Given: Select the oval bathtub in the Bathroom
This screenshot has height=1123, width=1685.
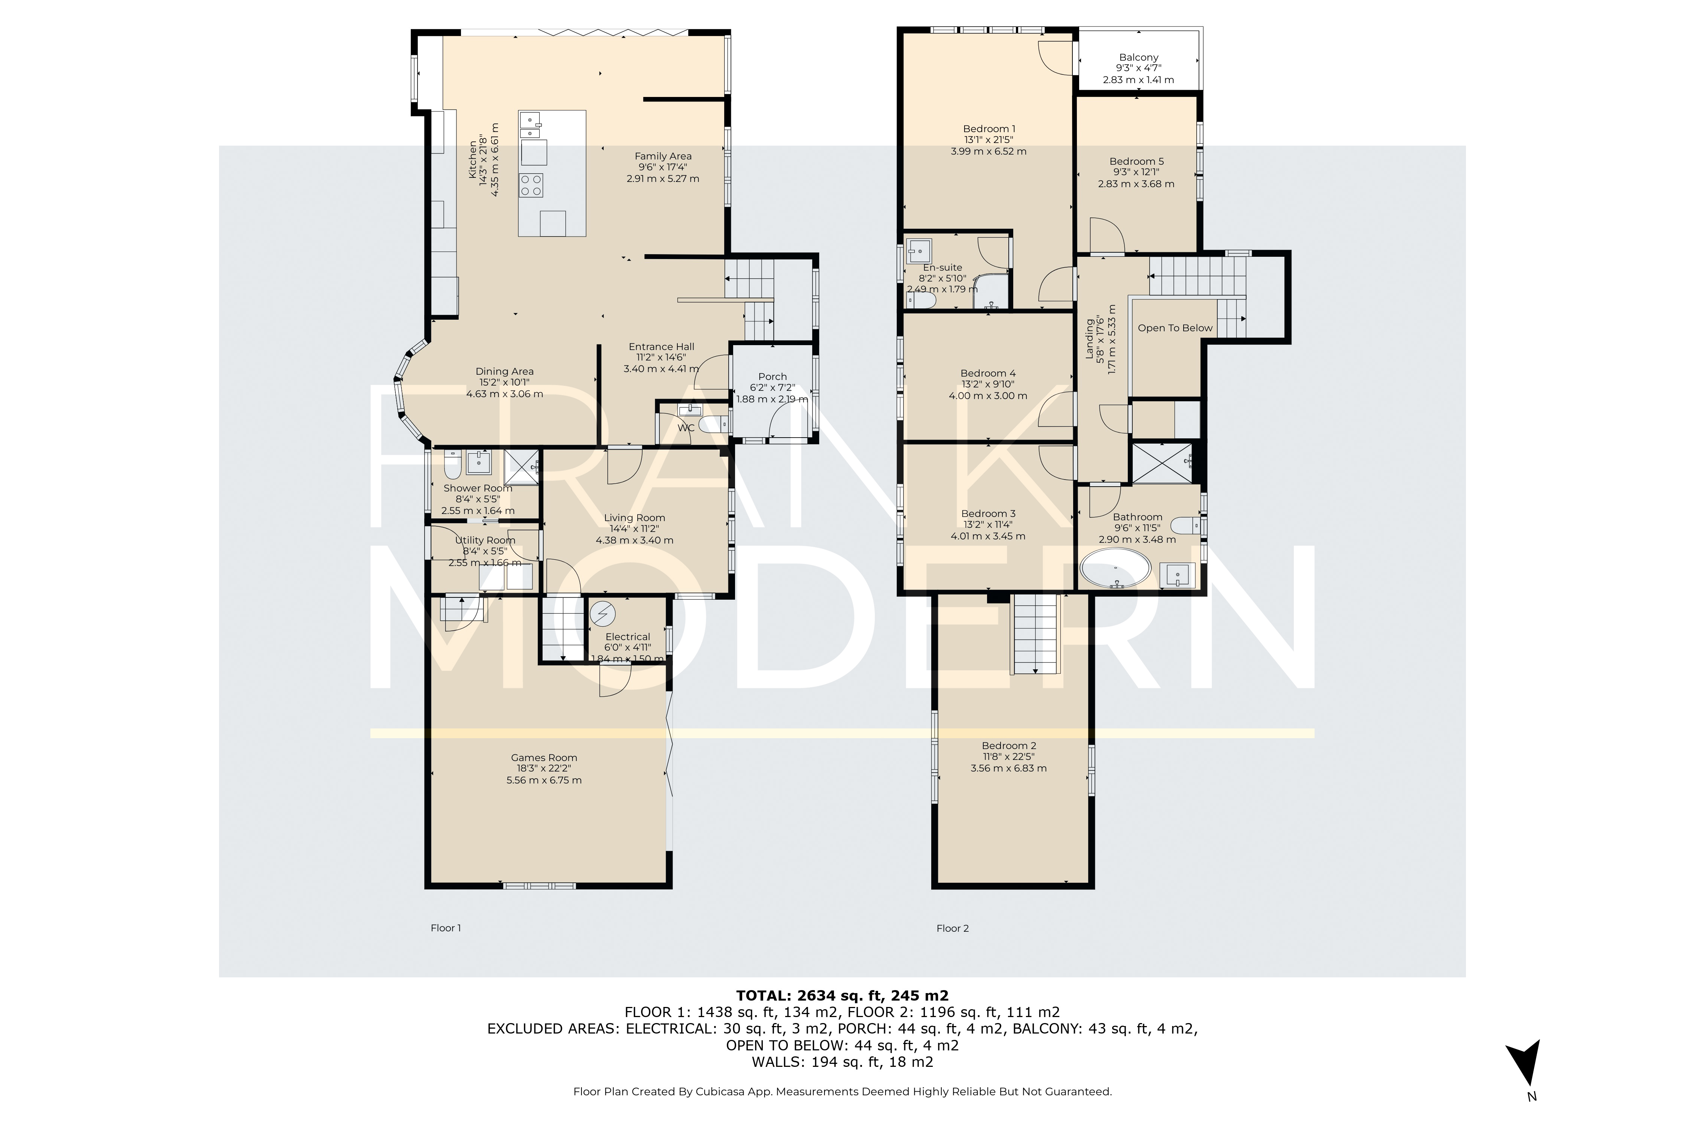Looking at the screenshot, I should pyautogui.click(x=1115, y=569).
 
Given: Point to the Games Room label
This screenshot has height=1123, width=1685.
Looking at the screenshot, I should pyautogui.click(x=544, y=757).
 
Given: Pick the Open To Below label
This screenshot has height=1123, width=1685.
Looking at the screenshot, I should pyautogui.click(x=1175, y=328).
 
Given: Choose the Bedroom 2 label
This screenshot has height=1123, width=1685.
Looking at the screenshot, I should pyautogui.click(x=1009, y=746).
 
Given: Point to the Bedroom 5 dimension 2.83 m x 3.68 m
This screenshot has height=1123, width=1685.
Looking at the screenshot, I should pyautogui.click(x=1136, y=184).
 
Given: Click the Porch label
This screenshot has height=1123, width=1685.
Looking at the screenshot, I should pyautogui.click(x=772, y=376).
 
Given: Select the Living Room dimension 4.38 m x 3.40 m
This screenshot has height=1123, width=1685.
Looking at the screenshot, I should pyautogui.click(x=634, y=540).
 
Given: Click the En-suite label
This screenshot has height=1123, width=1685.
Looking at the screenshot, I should pyautogui.click(x=942, y=267).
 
